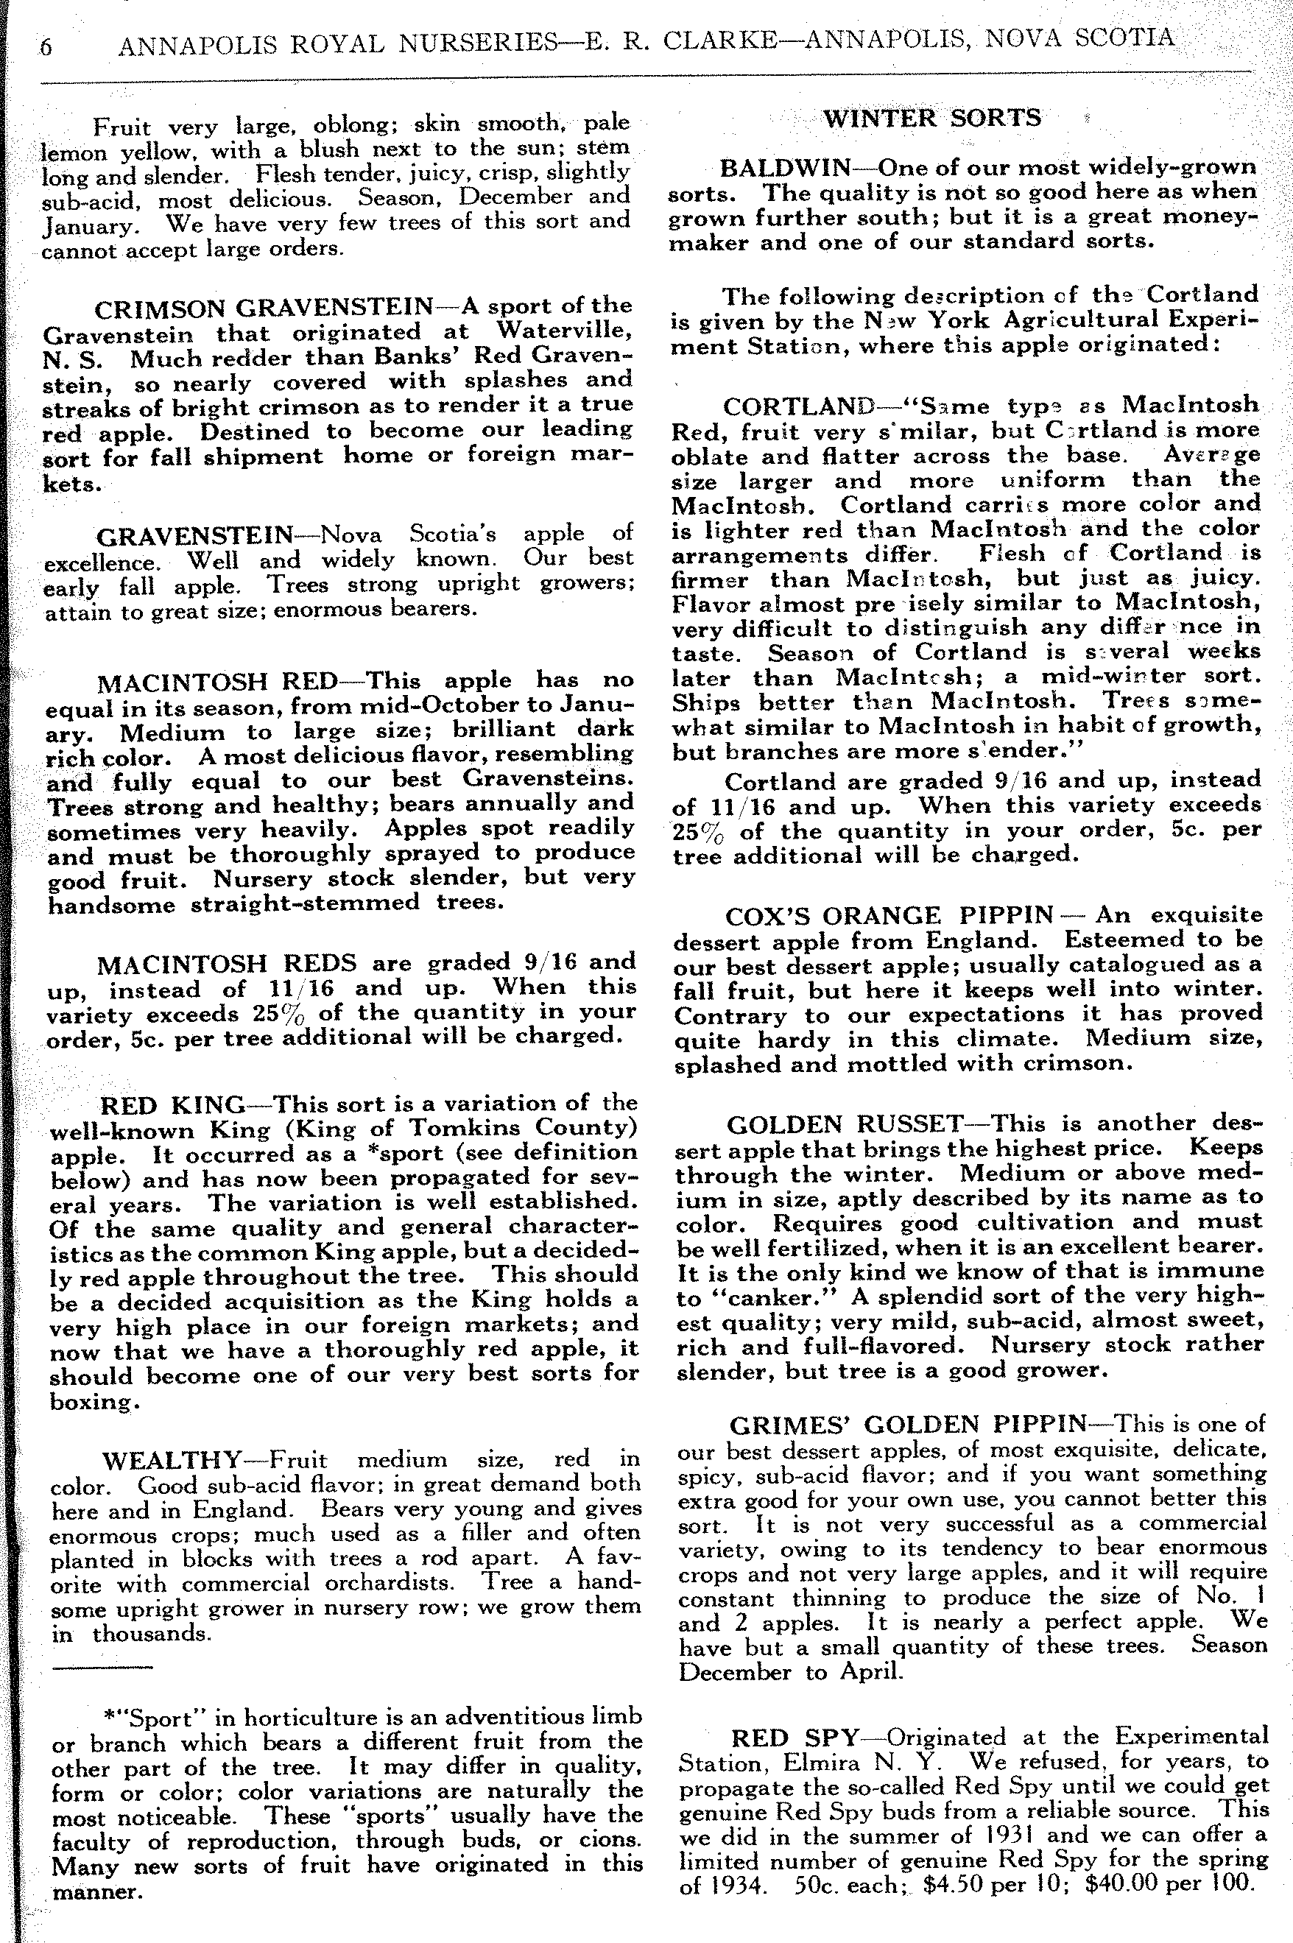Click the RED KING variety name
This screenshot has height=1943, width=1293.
coord(172,1104)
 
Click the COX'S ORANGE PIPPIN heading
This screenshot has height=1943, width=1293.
coord(889,916)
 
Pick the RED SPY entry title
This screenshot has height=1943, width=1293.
coord(796,1738)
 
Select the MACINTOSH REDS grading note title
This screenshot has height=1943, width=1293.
coord(227,964)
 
